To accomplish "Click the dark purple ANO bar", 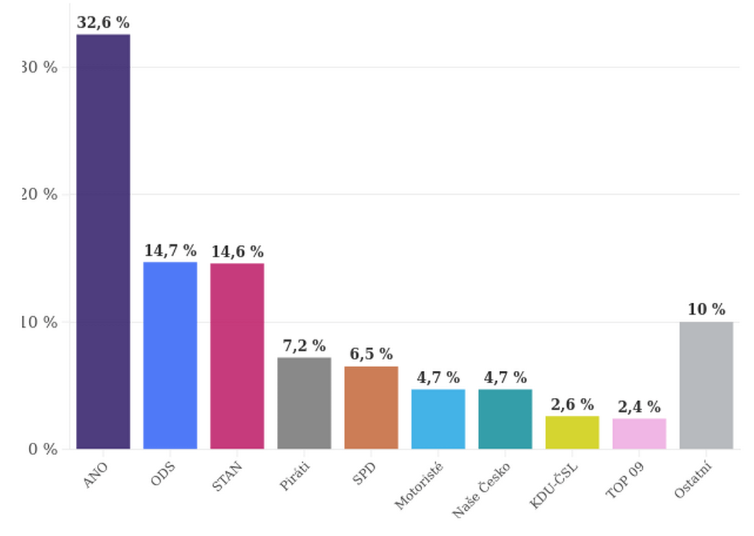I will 103,241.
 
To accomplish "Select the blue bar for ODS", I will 170,355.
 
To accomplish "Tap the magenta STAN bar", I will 237,355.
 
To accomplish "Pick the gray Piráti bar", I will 304,403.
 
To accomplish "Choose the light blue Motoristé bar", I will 438,419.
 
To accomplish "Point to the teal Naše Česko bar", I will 505,419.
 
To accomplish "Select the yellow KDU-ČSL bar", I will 572,433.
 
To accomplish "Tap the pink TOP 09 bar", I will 639,433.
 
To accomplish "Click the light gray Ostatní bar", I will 706,385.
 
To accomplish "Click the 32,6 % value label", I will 103,22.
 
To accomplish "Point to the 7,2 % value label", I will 304,346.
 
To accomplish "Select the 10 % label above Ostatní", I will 706,310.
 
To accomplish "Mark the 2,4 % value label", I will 639,407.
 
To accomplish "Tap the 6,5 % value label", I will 371,354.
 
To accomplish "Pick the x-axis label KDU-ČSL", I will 554,485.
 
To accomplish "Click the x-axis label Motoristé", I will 418,487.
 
